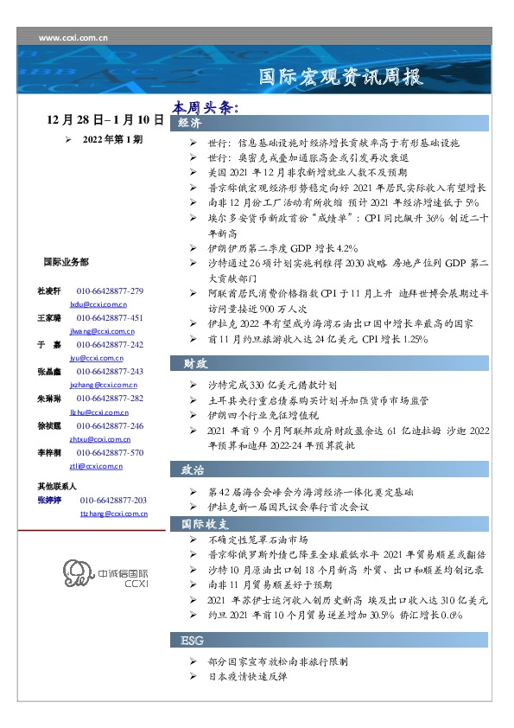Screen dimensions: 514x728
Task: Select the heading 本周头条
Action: [204, 108]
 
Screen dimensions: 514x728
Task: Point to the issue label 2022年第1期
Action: [112, 138]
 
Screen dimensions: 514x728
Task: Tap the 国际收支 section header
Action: [205, 524]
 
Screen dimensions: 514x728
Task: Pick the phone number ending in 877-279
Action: [110, 291]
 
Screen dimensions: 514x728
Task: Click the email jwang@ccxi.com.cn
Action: [97, 330]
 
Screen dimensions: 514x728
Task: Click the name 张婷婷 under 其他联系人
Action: [50, 501]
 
